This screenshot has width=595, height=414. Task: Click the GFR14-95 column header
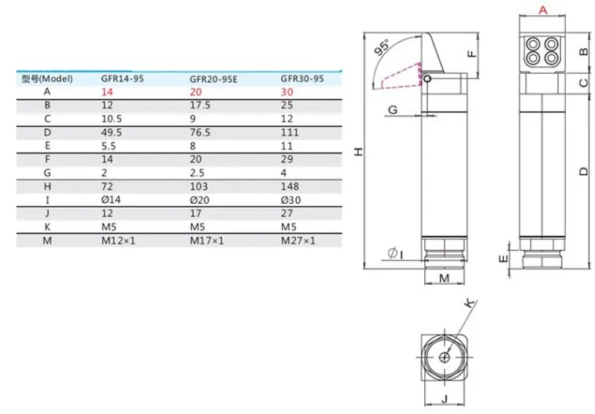[122, 79]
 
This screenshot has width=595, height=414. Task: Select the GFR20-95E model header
[213, 79]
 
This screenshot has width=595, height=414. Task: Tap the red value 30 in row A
[286, 92]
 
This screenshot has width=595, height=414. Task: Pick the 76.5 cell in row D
[200, 132]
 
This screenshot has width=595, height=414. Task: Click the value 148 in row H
[290, 187]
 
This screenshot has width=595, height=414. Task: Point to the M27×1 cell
[297, 241]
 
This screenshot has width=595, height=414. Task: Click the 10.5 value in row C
[111, 119]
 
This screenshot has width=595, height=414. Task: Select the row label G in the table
[47, 173]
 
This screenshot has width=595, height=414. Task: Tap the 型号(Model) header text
[47, 79]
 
